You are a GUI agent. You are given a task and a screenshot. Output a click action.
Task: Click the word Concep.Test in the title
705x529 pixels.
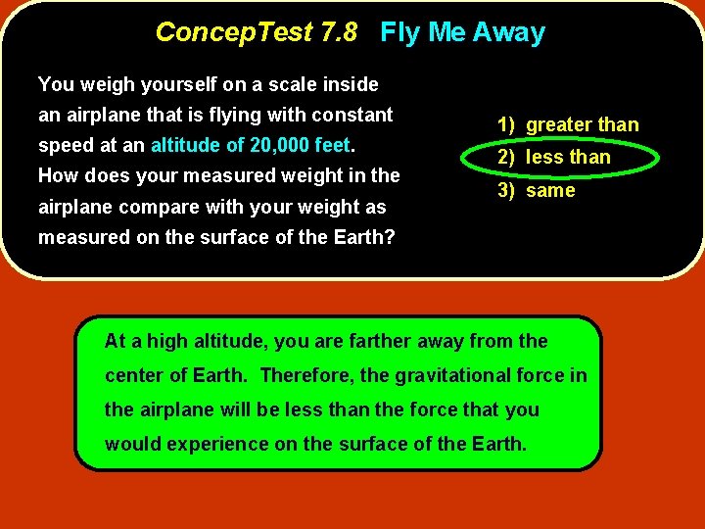tap(234, 32)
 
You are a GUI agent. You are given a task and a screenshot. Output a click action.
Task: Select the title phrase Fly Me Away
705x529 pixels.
tap(462, 32)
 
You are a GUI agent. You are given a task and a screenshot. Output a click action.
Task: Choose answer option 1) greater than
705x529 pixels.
tap(568, 124)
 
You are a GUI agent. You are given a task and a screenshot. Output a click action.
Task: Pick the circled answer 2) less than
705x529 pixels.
tap(554, 157)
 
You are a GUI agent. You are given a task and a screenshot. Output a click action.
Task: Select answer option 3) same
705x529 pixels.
tap(537, 190)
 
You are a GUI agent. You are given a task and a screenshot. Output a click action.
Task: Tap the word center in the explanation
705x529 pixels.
tap(132, 375)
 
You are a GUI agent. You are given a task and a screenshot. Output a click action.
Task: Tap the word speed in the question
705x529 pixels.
tap(62, 147)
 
